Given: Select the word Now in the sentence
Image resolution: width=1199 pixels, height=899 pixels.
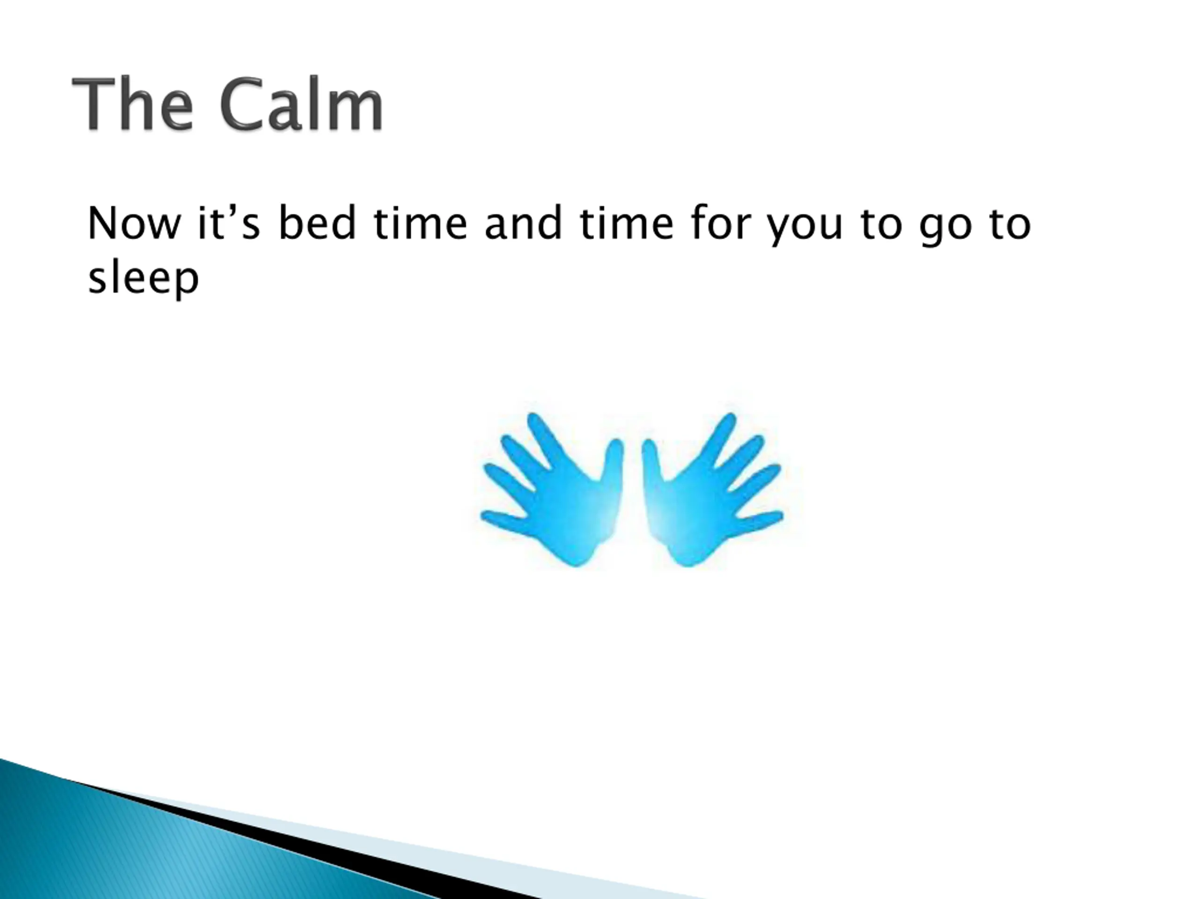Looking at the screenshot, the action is click(134, 223).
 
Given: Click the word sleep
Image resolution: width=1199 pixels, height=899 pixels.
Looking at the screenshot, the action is click(144, 278).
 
